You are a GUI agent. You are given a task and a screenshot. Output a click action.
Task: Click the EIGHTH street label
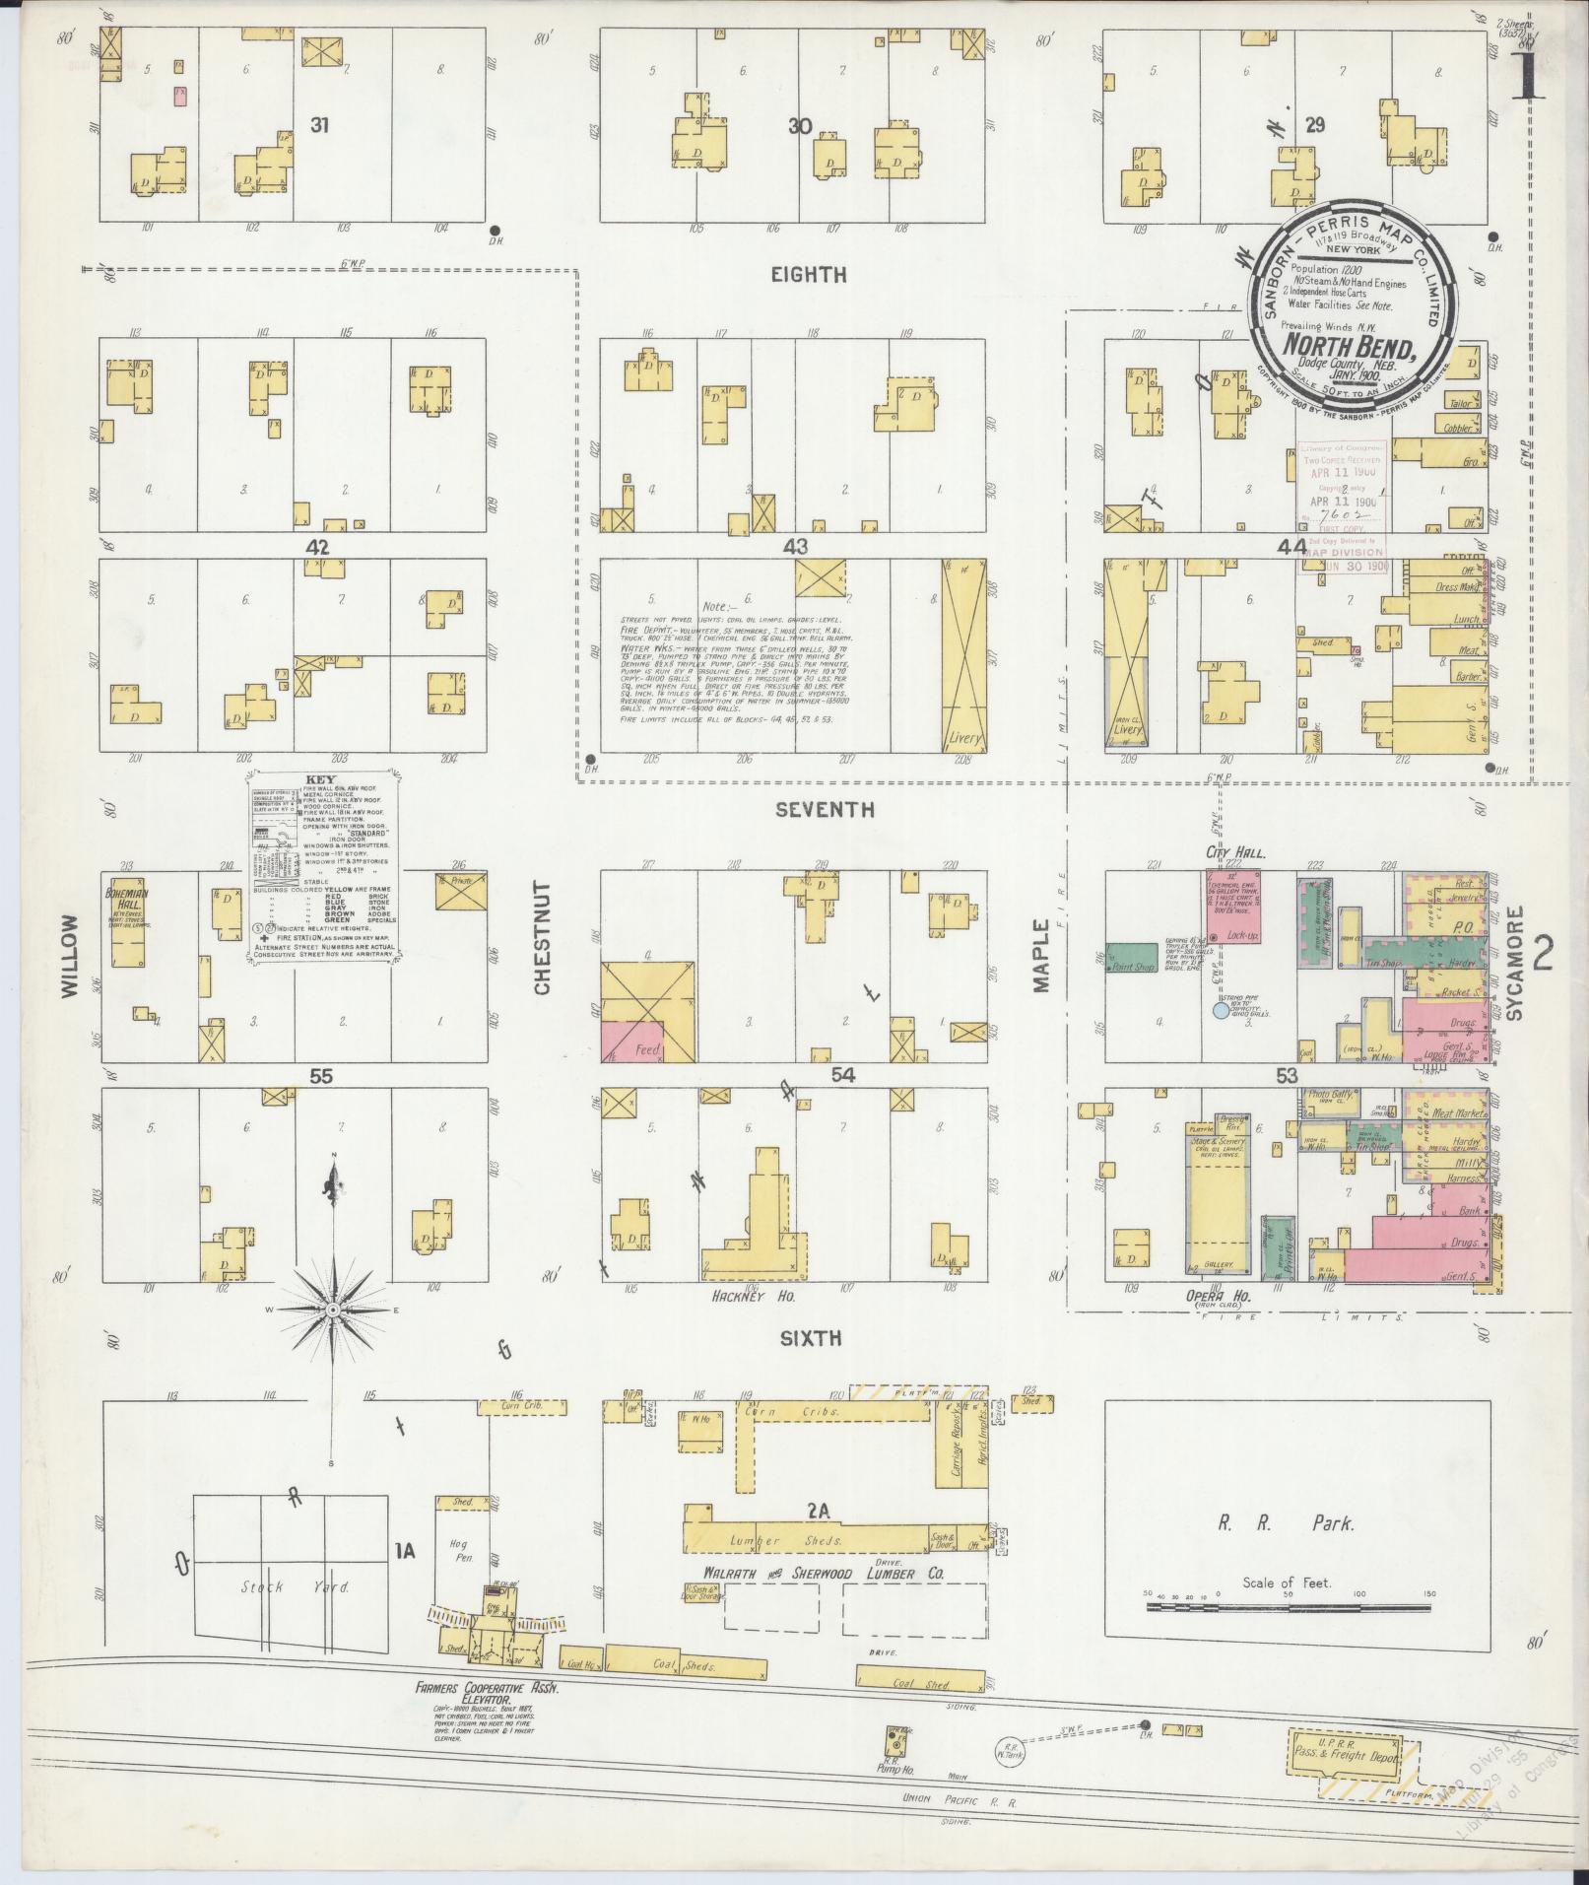pos(809,276)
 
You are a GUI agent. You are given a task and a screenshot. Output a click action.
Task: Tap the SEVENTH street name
pos(824,810)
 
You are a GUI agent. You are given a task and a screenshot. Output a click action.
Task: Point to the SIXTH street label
pos(811,1338)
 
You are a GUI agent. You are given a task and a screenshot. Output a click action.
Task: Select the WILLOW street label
pos(69,956)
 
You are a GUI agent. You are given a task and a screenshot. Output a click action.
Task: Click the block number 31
pos(318,125)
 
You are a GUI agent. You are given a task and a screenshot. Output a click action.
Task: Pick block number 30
pos(799,125)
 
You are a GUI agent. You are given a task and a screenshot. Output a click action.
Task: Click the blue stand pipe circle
pos(1222,1009)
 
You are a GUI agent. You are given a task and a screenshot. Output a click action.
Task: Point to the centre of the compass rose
pos(333,1309)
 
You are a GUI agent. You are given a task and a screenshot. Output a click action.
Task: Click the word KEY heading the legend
pos(321,778)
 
